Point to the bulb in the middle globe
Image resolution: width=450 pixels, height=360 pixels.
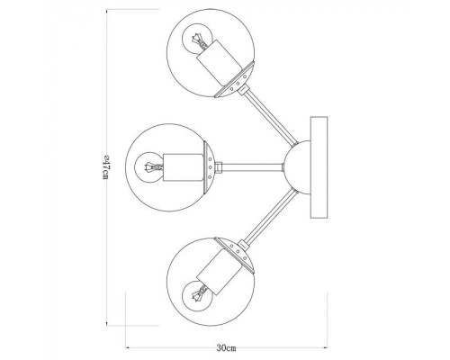pyautogui.click(x=151, y=166)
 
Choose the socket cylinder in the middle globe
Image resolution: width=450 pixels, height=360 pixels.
pyautogui.click(x=184, y=166)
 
